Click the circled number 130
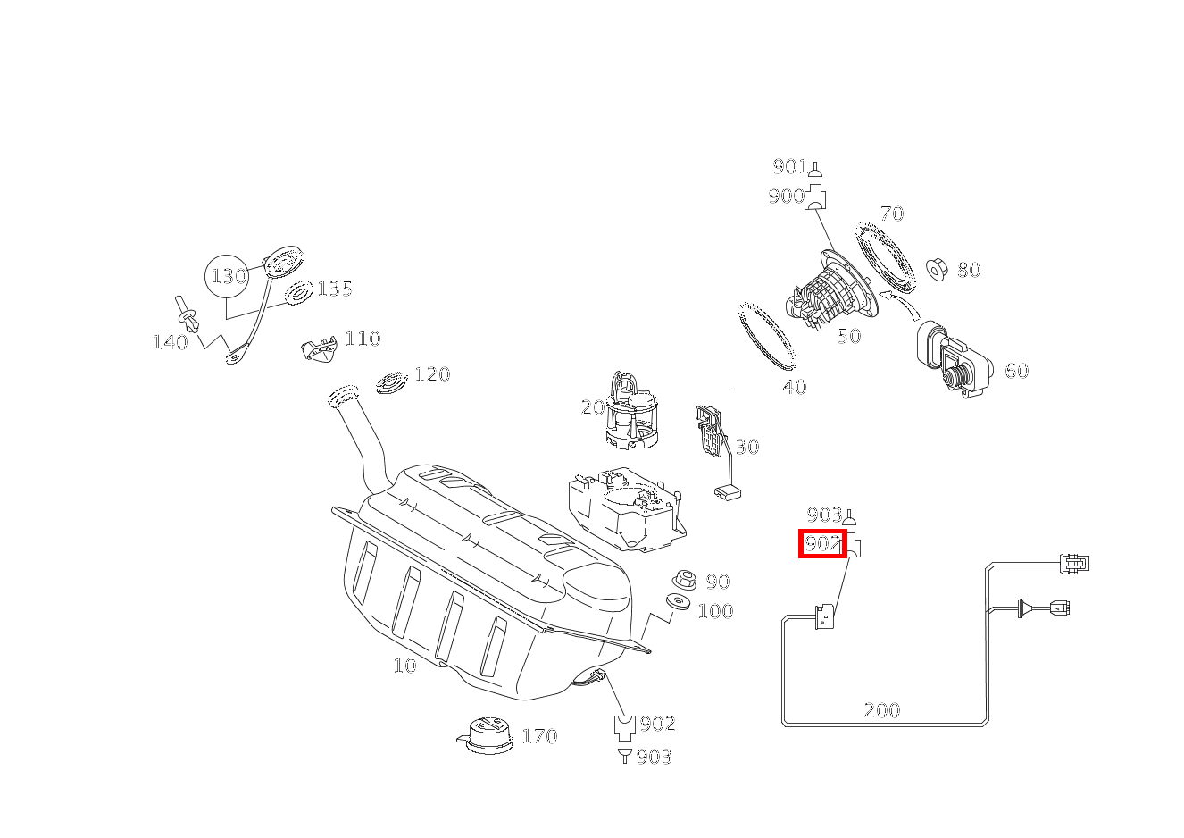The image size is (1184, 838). tap(229, 276)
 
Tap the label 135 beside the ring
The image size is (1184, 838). tap(335, 289)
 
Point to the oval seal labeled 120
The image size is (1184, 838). tap(391, 381)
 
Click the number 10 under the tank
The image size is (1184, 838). tap(404, 666)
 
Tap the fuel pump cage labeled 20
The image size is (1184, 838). tap(631, 411)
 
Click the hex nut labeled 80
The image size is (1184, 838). tap(937, 268)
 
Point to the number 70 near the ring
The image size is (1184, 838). tap(891, 214)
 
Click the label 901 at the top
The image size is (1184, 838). tap(789, 166)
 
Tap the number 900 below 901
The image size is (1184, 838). tap(786, 197)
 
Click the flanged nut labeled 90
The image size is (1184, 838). tap(684, 579)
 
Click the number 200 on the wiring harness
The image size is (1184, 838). tap(882, 711)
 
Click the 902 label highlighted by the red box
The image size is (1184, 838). tap(822, 543)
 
